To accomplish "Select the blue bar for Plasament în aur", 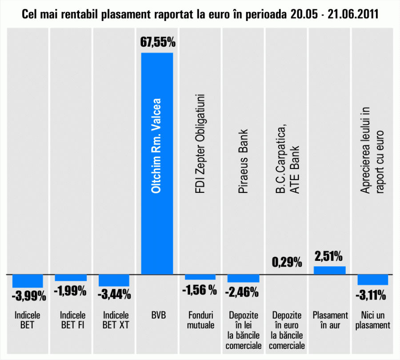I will [x=329, y=270].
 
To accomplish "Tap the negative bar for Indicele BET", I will [x=28, y=281].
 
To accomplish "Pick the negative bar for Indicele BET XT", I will [x=114, y=280].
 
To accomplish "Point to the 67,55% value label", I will [x=158, y=43].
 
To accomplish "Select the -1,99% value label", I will [x=70, y=291].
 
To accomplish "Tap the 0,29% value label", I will [x=287, y=262].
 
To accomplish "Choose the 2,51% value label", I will [x=328, y=256].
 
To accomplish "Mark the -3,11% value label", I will [x=372, y=295].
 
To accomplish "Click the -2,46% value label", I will [x=243, y=292].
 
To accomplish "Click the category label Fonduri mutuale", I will [x=200, y=320].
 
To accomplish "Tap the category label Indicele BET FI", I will [x=72, y=320].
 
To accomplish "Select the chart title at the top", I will [x=200, y=15].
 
